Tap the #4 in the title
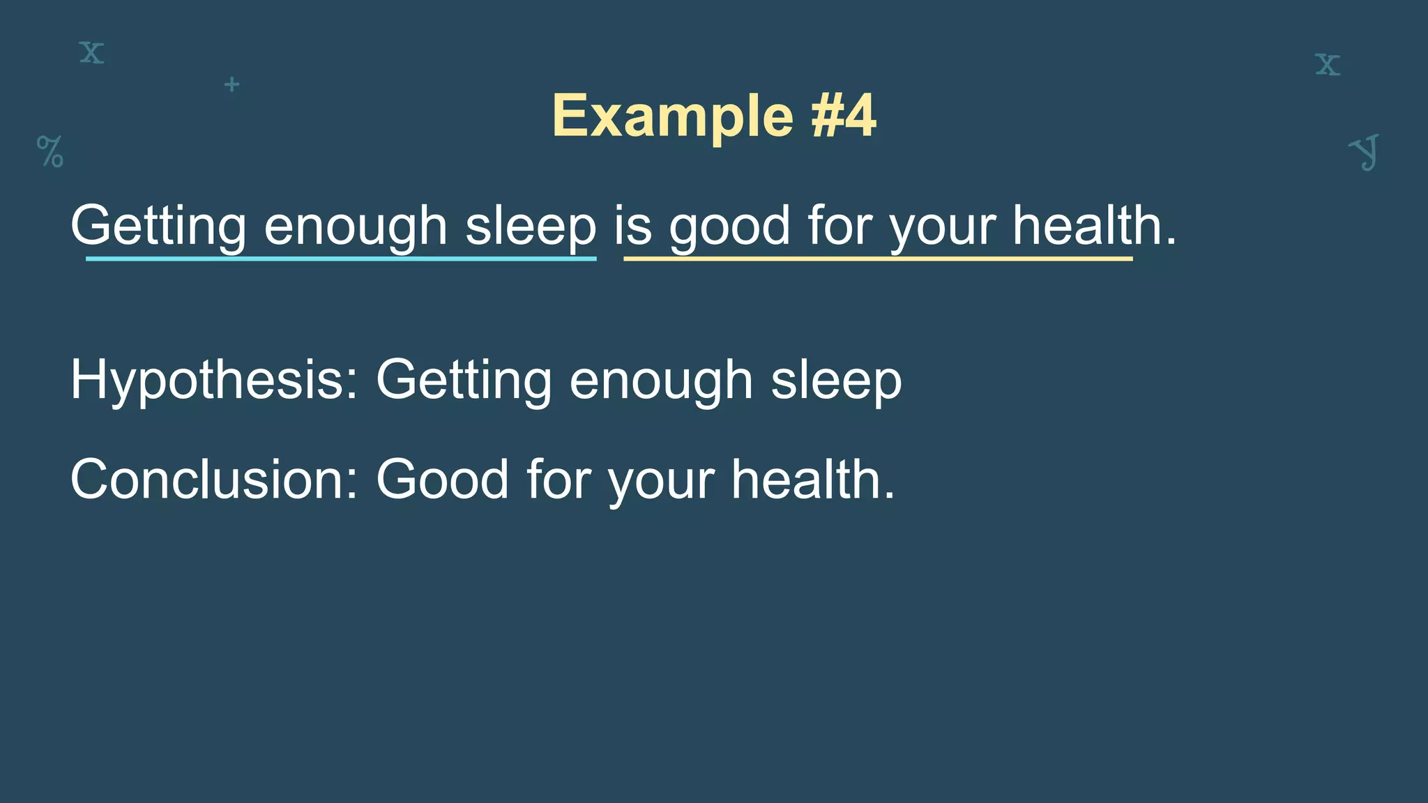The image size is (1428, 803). [x=843, y=116]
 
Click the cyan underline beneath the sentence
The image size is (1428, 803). [x=341, y=259]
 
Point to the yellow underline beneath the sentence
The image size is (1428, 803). [x=878, y=259]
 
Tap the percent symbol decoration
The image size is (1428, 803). [x=50, y=151]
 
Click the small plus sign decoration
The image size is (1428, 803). [x=232, y=85]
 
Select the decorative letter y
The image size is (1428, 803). [x=1365, y=152]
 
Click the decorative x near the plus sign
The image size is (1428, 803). [x=91, y=53]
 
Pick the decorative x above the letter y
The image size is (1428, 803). [x=1328, y=64]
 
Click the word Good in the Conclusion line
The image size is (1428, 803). [x=442, y=480]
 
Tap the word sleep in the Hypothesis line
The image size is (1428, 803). [x=836, y=381]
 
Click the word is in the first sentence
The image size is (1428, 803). [x=632, y=226]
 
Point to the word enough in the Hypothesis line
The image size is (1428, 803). [x=660, y=381]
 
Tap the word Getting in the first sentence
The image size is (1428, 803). [x=158, y=226]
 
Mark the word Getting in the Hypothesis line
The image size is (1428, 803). [x=463, y=381]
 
